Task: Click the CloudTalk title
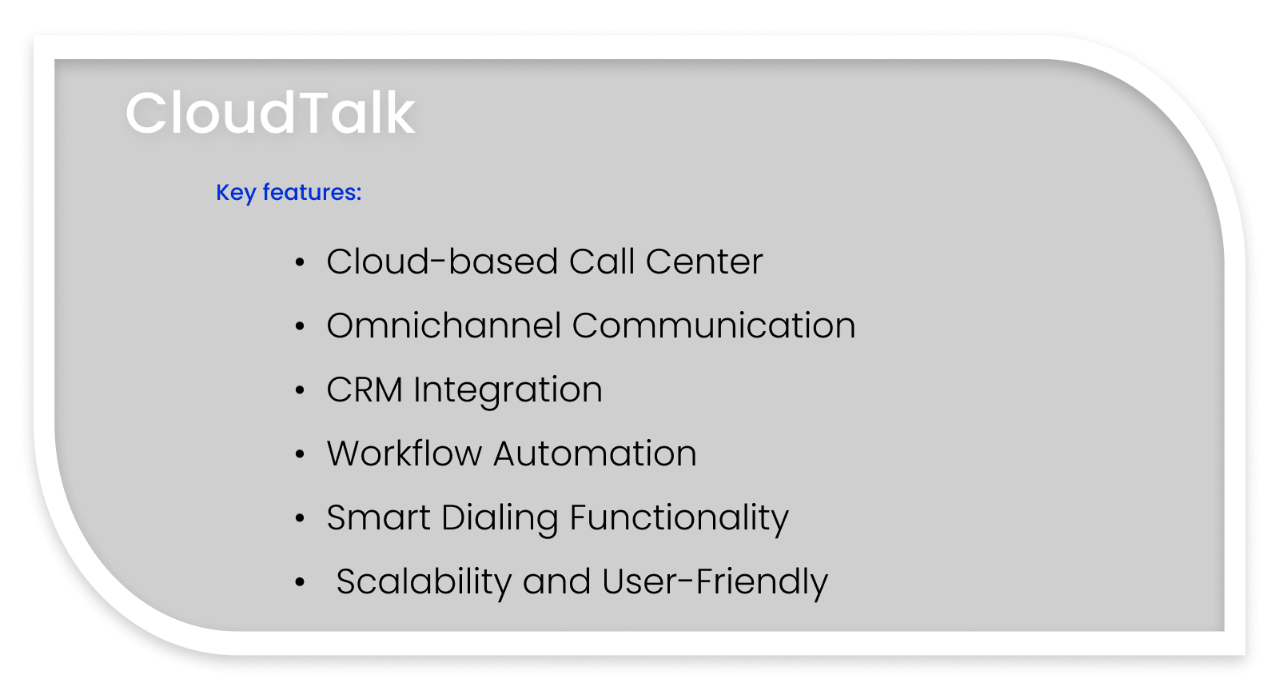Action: pyautogui.click(x=270, y=112)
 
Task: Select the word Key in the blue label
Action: pyautogui.click(x=235, y=193)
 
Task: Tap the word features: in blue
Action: pyautogui.click(x=312, y=192)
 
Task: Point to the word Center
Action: pyautogui.click(x=704, y=262)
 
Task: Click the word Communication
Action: pyautogui.click(x=714, y=326)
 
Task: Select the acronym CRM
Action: pyautogui.click(x=364, y=389)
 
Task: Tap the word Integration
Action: pyautogui.click(x=508, y=390)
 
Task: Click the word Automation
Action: pyautogui.click(x=595, y=453)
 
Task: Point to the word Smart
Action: pyautogui.click(x=378, y=517)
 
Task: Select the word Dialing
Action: pyautogui.click(x=499, y=518)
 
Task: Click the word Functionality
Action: pyautogui.click(x=679, y=518)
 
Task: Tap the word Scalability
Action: pyautogui.click(x=423, y=581)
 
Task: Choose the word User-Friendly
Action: pyautogui.click(x=715, y=581)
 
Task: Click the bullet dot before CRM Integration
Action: pyautogui.click(x=300, y=390)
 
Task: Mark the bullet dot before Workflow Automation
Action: pyautogui.click(x=300, y=454)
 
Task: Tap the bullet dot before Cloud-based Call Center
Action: pyautogui.click(x=300, y=262)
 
